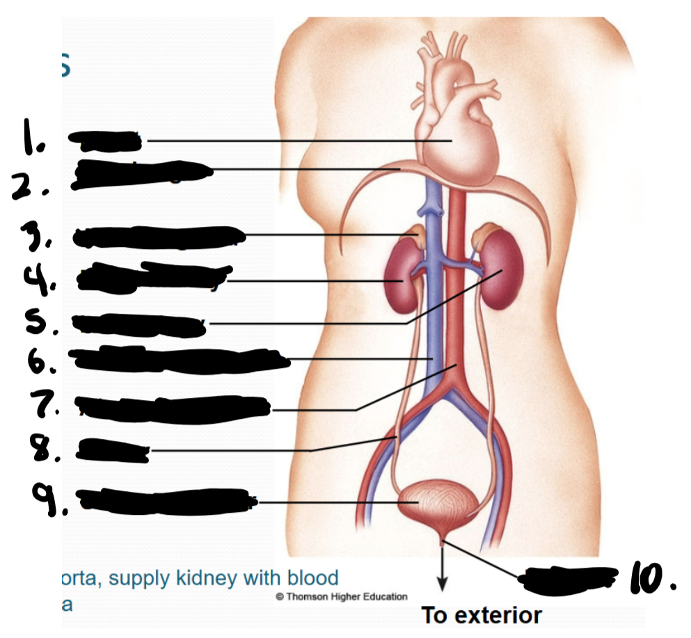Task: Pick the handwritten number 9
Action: [x=47, y=497]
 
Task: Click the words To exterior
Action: [x=481, y=615]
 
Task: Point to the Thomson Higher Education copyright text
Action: [x=341, y=596]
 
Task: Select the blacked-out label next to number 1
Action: [x=104, y=141]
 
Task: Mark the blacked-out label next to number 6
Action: [x=177, y=358]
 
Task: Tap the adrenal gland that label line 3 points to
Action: [x=416, y=232]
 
